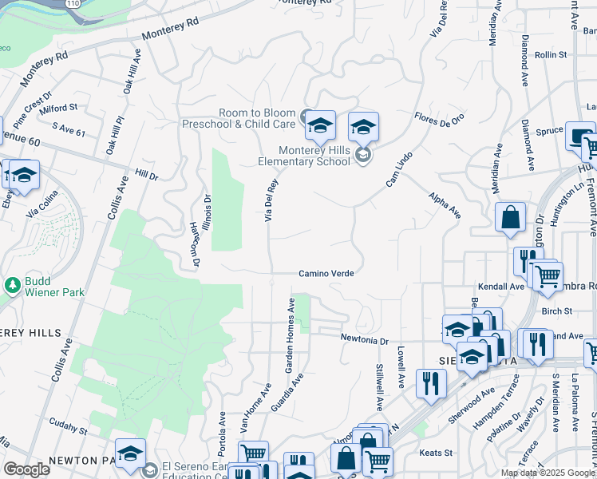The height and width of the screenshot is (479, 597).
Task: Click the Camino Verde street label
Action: (326, 273)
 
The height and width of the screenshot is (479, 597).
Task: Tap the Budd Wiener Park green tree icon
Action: (13, 285)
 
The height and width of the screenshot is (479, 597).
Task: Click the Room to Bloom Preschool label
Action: (239, 118)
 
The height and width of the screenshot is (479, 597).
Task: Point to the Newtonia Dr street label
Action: (364, 340)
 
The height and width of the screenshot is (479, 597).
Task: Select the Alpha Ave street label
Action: (445, 205)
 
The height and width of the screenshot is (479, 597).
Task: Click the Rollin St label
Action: (551, 55)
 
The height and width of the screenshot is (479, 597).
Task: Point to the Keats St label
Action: (436, 453)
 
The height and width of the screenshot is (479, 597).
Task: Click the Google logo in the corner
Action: (26, 469)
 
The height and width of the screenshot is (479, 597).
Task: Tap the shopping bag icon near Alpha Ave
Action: (510, 217)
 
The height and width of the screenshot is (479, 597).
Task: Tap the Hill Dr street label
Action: (147, 172)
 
